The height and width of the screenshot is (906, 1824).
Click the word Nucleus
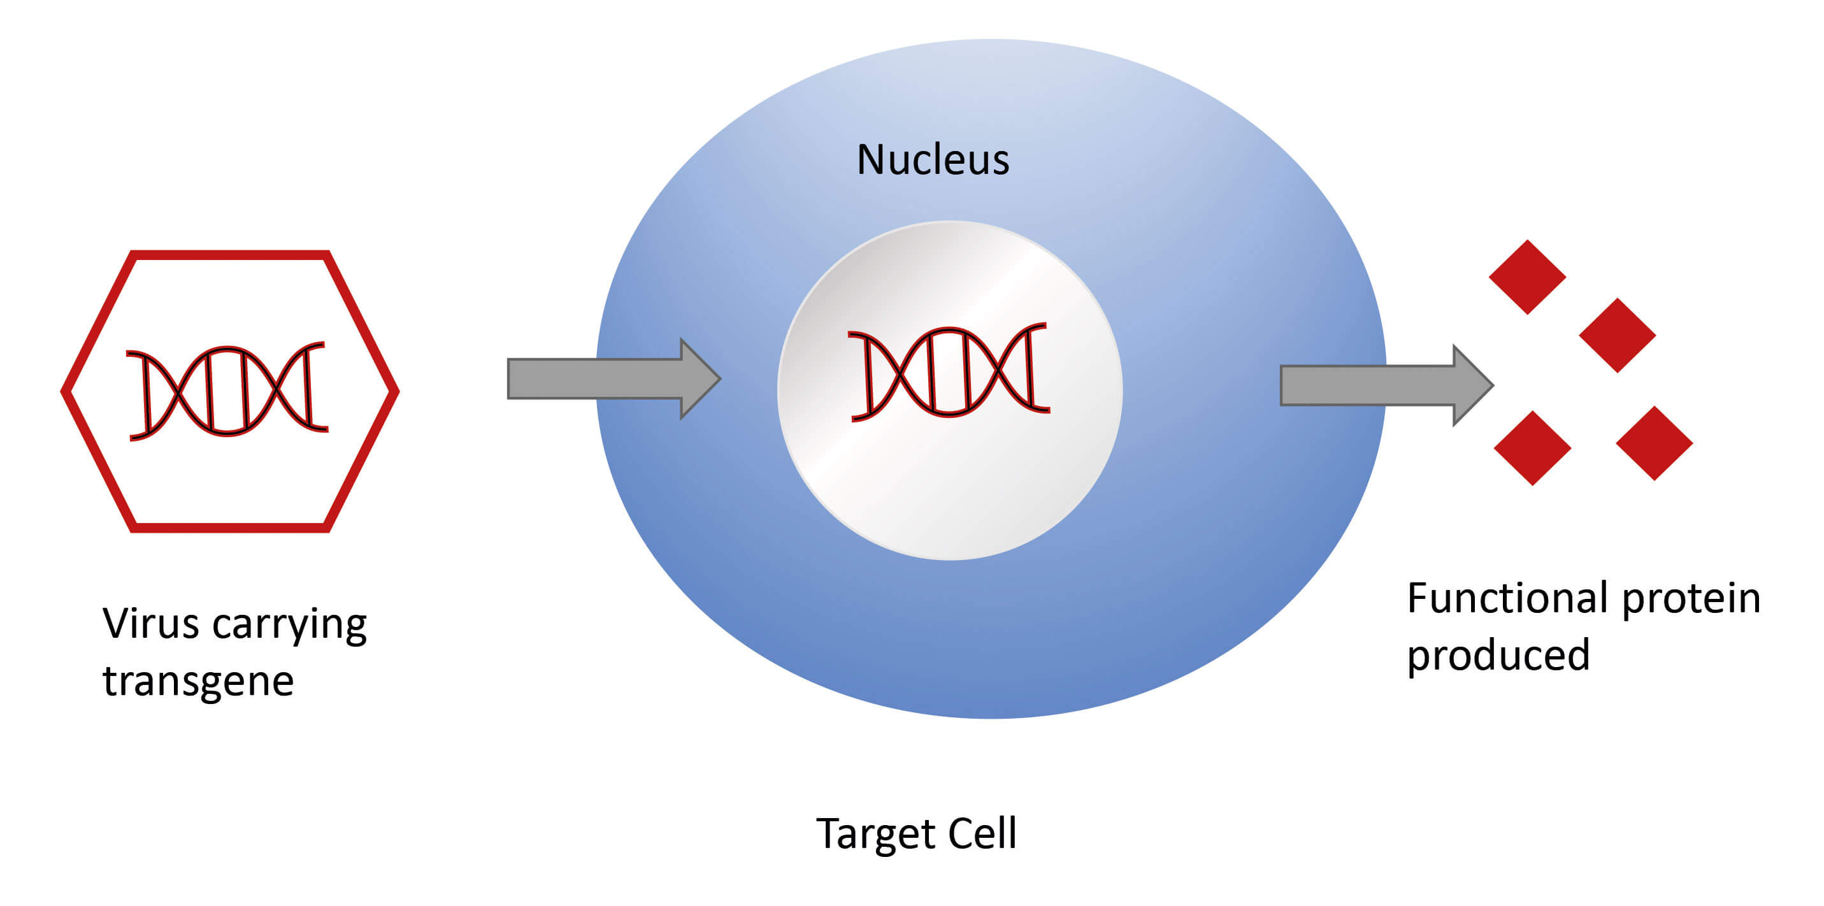(x=933, y=160)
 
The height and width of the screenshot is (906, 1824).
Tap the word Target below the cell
(x=876, y=834)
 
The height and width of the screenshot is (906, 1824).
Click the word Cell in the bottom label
(x=982, y=834)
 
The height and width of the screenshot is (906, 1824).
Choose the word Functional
(x=1507, y=598)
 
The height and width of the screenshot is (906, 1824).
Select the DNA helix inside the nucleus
(x=949, y=372)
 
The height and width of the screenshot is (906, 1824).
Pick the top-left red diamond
(x=1527, y=277)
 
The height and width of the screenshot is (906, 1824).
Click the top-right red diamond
(x=1617, y=335)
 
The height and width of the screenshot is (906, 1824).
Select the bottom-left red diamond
(x=1532, y=448)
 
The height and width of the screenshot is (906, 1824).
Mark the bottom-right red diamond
(x=1654, y=443)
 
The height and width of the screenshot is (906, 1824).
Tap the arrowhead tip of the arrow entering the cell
(x=719, y=379)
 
